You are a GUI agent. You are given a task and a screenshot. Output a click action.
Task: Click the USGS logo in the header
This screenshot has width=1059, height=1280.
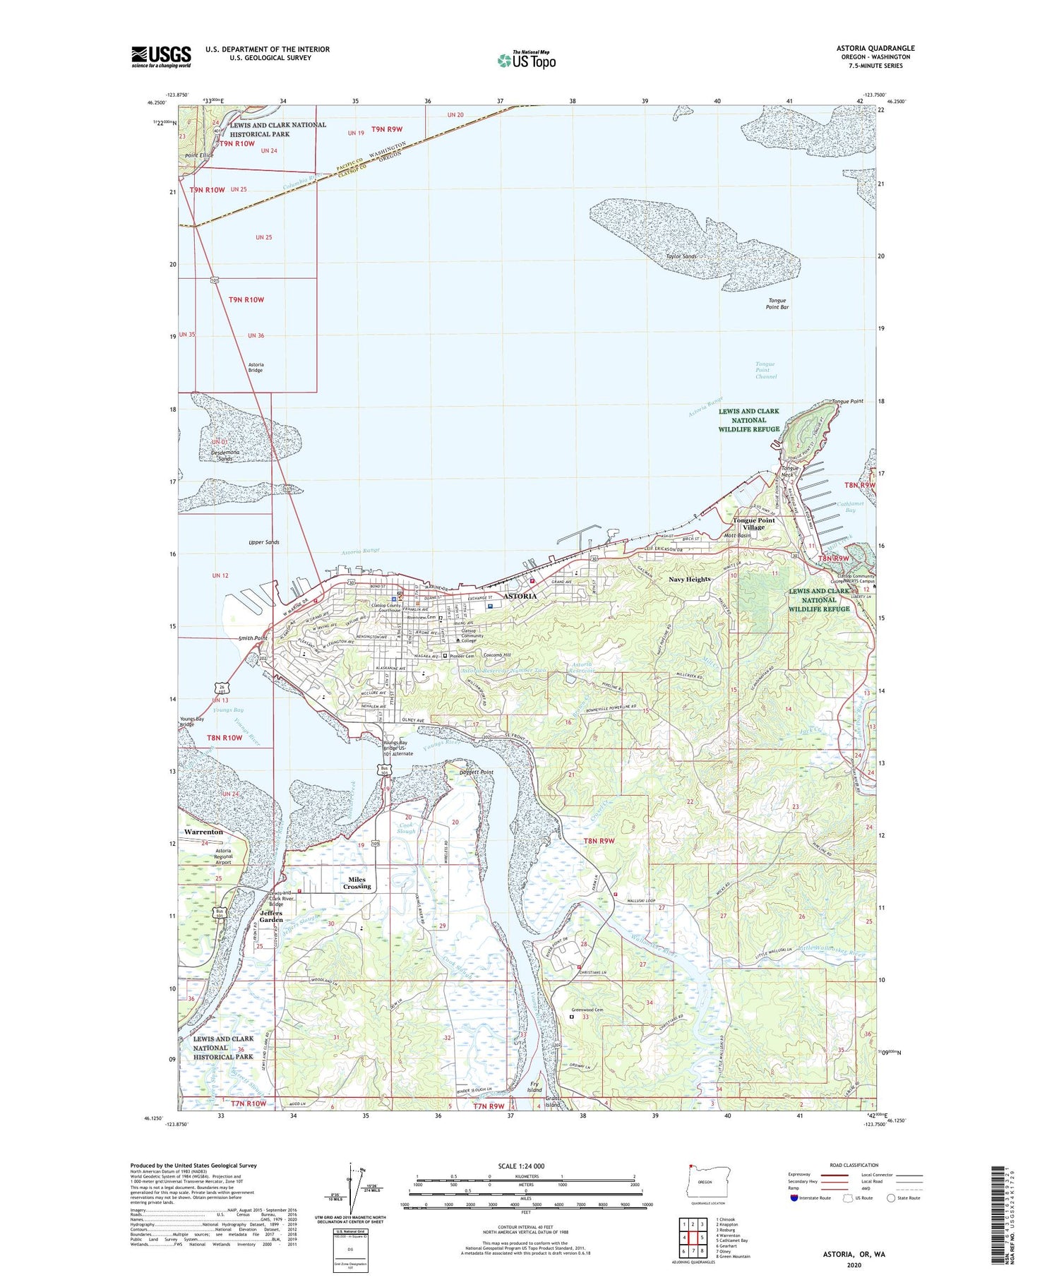(161, 56)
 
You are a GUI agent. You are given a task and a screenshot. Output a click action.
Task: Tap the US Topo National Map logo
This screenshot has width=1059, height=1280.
(526, 60)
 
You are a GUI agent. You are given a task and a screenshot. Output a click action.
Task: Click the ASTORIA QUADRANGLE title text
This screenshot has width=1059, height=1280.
(875, 48)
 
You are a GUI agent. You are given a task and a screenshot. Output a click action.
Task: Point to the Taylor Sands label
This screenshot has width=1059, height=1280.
(681, 256)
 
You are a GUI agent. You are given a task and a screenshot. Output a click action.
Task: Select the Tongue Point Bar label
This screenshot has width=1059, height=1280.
(777, 304)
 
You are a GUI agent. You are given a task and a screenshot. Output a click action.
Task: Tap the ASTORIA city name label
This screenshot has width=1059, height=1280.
(519, 596)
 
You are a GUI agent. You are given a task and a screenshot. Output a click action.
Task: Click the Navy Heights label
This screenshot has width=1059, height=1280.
(689, 579)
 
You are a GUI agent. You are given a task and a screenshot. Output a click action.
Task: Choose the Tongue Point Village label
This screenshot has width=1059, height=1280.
(753, 524)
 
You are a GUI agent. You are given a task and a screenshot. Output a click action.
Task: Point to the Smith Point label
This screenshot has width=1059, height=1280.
(253, 638)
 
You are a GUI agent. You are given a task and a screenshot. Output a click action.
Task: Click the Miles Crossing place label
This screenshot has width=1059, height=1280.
(357, 883)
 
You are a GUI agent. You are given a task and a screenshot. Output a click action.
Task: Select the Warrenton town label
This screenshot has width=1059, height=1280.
(203, 832)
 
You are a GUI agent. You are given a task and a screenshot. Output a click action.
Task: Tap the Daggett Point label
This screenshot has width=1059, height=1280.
(477, 772)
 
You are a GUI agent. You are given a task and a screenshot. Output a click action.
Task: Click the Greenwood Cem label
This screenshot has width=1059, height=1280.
(588, 1010)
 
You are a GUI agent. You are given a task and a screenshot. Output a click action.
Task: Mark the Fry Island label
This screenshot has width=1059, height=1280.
(534, 1087)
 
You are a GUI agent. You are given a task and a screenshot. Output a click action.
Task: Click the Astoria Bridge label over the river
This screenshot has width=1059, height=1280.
(256, 367)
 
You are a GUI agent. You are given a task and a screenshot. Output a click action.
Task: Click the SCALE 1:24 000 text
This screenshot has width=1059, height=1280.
(525, 1166)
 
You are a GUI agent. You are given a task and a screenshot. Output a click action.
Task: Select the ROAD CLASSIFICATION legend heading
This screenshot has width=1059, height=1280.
(854, 1165)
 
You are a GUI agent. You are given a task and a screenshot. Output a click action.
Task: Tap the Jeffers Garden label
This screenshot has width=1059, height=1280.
(271, 916)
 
